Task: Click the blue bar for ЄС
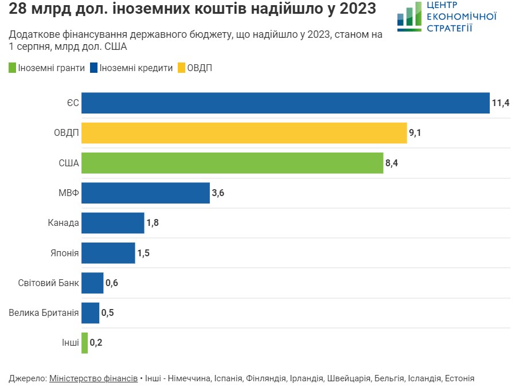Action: pyautogui.click(x=285, y=103)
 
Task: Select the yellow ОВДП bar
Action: pyautogui.click(x=244, y=133)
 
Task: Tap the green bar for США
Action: pyautogui.click(x=232, y=163)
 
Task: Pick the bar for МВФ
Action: pyautogui.click(x=145, y=193)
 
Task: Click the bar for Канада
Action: pyautogui.click(x=112, y=222)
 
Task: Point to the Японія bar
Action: pyautogui.click(x=108, y=252)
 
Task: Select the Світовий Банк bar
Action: pyautogui.click(x=92, y=283)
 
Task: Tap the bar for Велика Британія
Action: pyautogui.click(x=90, y=313)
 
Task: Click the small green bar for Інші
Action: pyautogui.click(x=84, y=343)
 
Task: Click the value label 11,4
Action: pyautogui.click(x=500, y=103)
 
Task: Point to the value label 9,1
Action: pyautogui.click(x=415, y=133)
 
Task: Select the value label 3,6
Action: pyautogui.click(x=218, y=193)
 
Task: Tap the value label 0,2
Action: pyautogui.click(x=96, y=343)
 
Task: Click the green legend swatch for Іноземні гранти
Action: pyautogui.click(x=13, y=68)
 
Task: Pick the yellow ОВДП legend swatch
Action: pyautogui.click(x=181, y=68)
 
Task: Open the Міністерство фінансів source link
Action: pyautogui.click(x=93, y=378)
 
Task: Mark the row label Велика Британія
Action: pyautogui.click(x=44, y=313)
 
